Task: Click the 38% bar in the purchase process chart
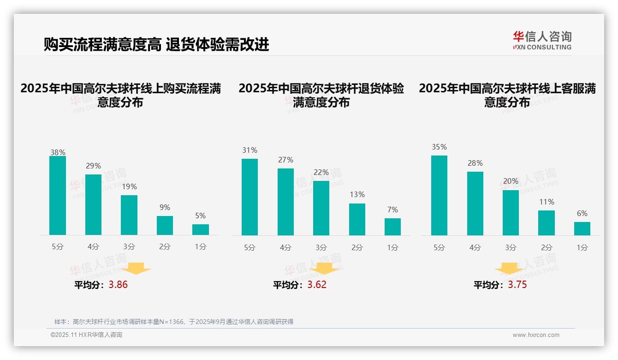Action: pyautogui.click(x=58, y=196)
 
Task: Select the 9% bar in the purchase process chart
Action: pyautogui.click(x=165, y=225)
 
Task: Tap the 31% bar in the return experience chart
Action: pyautogui.click(x=250, y=197)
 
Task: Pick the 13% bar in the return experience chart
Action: pyautogui.click(x=357, y=219)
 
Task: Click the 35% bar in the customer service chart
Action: pyautogui.click(x=439, y=195)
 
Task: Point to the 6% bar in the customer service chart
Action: pyautogui.click(x=582, y=228)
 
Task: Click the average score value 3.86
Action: pyautogui.click(x=118, y=285)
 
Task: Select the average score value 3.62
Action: pyautogui.click(x=317, y=285)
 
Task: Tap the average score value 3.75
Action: pyautogui.click(x=517, y=285)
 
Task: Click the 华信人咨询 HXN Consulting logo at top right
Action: pyautogui.click(x=542, y=40)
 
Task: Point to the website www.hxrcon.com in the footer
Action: pyautogui.click(x=536, y=335)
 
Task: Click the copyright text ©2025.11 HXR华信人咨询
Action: pyautogui.click(x=86, y=335)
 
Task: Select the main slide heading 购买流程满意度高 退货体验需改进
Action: pyautogui.click(x=156, y=45)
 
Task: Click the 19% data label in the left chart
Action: pyautogui.click(x=129, y=187)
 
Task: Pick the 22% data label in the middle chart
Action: pyautogui.click(x=321, y=173)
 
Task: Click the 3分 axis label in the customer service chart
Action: pyautogui.click(x=511, y=247)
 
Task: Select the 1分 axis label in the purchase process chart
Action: pyautogui.click(x=201, y=247)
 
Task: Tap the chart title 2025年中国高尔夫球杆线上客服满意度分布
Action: pyautogui.click(x=507, y=95)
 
